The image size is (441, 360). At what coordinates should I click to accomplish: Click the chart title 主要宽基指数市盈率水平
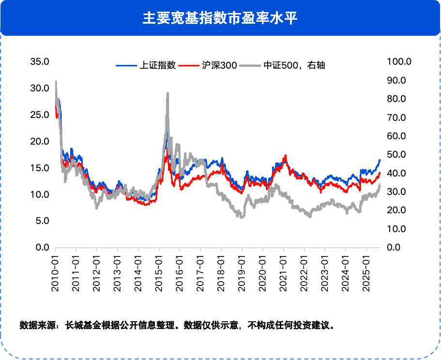point(220,18)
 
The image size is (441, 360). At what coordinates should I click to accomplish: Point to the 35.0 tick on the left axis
point(40,61)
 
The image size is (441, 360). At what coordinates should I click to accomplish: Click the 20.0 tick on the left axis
point(40,141)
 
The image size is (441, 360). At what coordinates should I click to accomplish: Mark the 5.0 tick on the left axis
point(42,221)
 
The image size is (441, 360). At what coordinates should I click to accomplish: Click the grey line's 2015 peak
point(167,93)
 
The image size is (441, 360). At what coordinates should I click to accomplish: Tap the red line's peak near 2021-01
point(286,156)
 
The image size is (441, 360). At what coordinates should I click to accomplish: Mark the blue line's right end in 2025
point(380,160)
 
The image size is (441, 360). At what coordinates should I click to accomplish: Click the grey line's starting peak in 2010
point(56,82)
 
